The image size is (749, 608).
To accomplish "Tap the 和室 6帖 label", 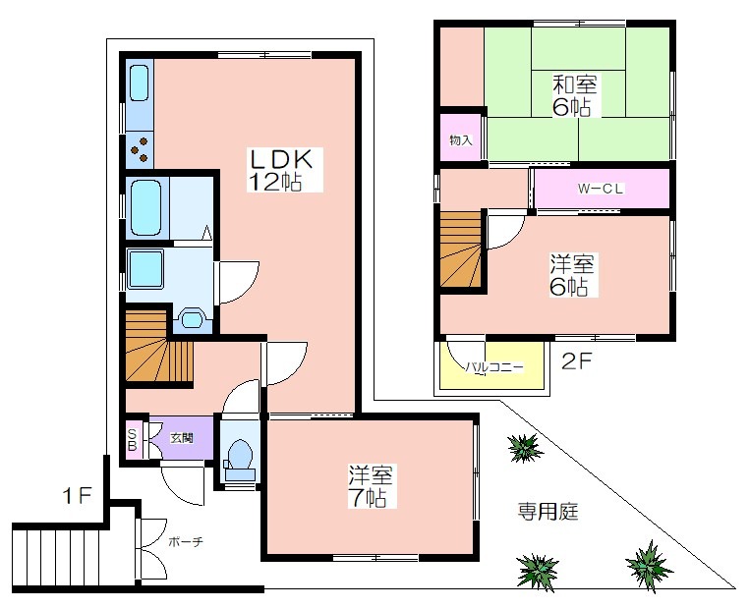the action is tap(575, 96).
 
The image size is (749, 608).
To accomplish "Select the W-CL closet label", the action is tap(601, 189).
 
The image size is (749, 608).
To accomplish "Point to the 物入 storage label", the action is tap(461, 140).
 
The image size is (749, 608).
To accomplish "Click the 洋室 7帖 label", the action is tap(371, 485).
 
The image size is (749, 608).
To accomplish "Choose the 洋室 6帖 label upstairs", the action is tap(571, 275).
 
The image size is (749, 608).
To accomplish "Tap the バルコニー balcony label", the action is tap(494, 367).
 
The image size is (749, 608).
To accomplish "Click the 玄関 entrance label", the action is tap(182, 438).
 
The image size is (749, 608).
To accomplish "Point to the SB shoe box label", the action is tap(133, 439).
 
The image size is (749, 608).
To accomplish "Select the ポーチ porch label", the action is tap(186, 541).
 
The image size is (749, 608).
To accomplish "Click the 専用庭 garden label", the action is tap(547, 511).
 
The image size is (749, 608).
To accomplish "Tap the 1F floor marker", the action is tap(77, 496).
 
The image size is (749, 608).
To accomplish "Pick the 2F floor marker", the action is tap(577, 361).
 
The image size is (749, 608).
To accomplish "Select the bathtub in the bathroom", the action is tap(145, 207).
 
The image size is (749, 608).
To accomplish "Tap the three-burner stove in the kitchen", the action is tap(140, 149).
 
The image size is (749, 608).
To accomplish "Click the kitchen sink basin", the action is tap(139, 83).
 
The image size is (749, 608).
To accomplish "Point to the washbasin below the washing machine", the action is tap(192, 318).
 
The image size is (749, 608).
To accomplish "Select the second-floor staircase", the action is tap(460, 249).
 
